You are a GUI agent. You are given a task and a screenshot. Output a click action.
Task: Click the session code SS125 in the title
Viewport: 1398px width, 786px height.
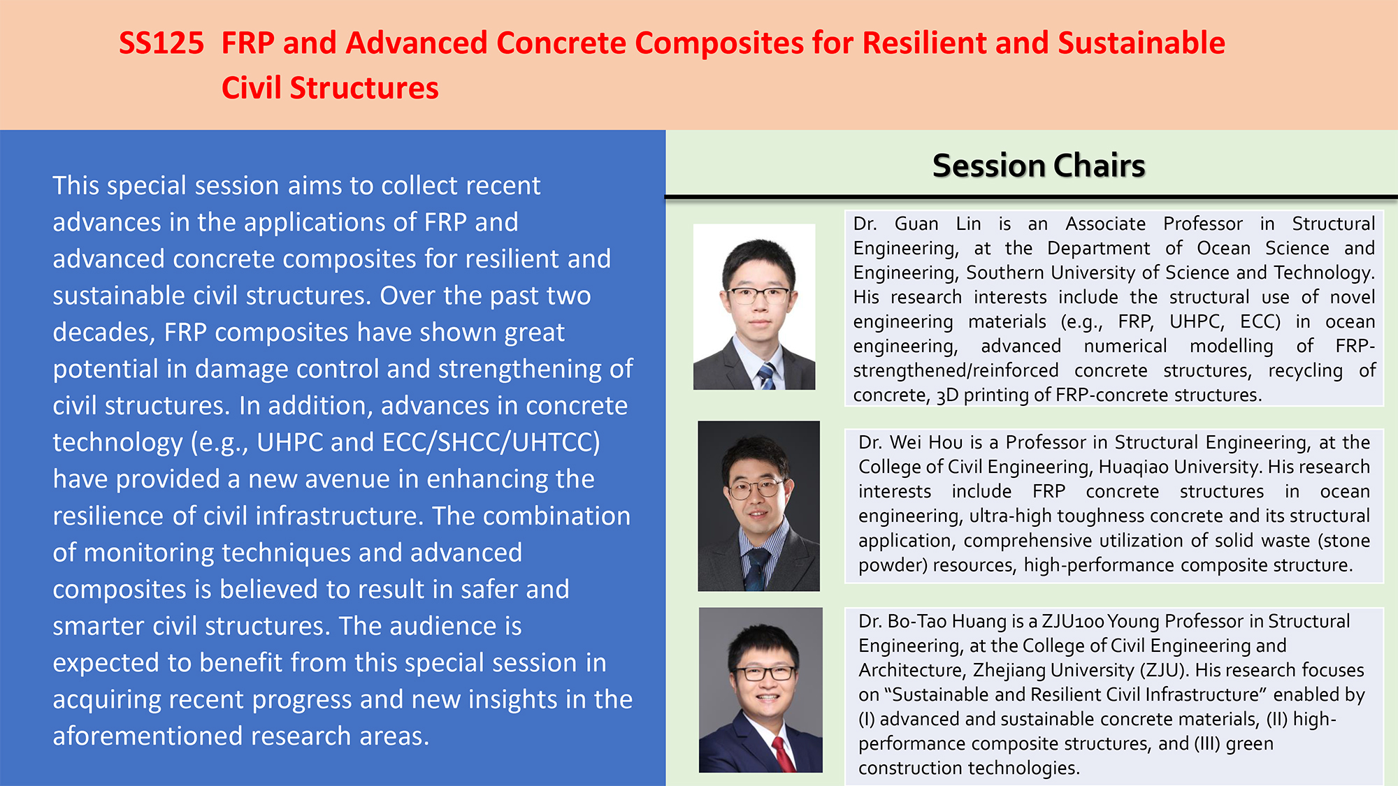tap(161, 43)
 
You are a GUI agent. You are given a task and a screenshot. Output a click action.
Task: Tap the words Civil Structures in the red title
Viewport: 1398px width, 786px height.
tap(330, 88)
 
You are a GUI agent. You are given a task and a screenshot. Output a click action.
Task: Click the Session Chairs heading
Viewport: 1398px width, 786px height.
tap(1039, 166)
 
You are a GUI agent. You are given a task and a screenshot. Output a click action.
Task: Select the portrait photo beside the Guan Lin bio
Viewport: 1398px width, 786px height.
tap(754, 307)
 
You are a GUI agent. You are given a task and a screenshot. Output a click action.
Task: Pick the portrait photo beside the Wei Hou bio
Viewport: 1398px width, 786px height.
tap(758, 506)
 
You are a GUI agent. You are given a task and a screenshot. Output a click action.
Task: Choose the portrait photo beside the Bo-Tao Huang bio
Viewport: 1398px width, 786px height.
tap(761, 690)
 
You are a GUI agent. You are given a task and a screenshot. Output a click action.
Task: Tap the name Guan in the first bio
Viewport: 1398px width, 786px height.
tap(916, 224)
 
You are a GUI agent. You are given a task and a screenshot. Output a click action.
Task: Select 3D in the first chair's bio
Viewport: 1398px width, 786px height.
tap(947, 395)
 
